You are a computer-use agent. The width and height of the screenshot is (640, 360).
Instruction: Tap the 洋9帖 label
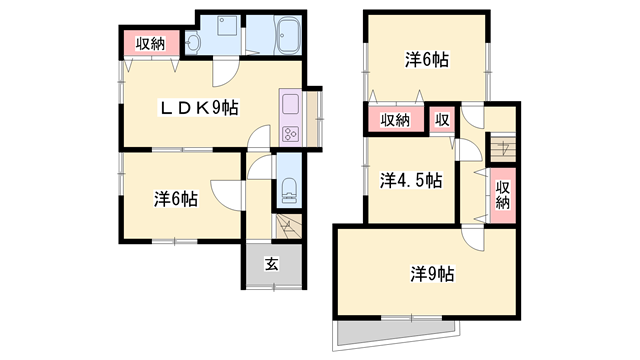(432, 272)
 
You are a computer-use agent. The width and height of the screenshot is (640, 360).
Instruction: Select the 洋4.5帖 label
(410, 181)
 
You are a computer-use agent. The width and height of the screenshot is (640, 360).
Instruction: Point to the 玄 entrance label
(270, 265)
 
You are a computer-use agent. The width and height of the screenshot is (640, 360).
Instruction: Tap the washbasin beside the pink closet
(193, 42)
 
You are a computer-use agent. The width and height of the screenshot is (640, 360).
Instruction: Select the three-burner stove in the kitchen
(291, 132)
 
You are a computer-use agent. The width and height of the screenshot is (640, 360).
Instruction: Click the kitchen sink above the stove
(291, 104)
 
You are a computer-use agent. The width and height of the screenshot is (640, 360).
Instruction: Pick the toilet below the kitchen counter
(288, 188)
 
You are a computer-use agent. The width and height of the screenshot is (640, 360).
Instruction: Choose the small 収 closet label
(441, 120)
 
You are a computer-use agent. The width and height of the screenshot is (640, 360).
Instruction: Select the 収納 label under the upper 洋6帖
(395, 120)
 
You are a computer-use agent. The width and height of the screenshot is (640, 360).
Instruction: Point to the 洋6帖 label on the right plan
(426, 60)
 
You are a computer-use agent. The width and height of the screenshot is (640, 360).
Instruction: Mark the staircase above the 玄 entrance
(288, 225)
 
